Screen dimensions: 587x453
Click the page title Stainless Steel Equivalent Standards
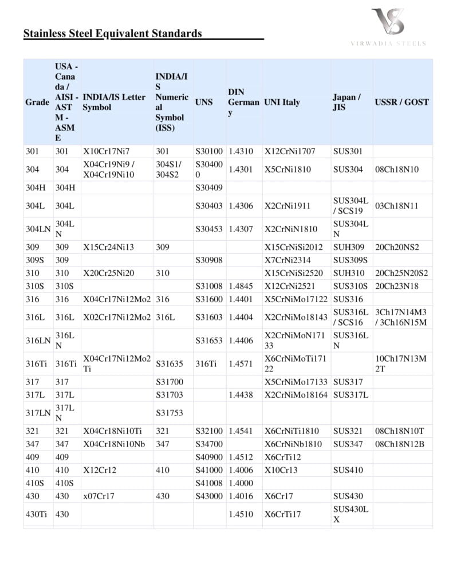click(113, 33)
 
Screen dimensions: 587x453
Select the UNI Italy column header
click(282, 103)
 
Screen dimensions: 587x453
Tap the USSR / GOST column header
click(401, 103)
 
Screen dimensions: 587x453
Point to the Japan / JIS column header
click(346, 103)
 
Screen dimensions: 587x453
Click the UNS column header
click(204, 103)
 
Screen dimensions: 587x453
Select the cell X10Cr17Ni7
click(107, 152)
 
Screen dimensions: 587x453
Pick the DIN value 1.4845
click(241, 286)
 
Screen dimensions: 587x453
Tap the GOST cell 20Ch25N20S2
click(401, 273)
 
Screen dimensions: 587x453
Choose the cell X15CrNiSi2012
click(294, 248)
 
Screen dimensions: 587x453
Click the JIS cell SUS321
click(348, 431)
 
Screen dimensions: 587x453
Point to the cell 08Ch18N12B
click(399, 444)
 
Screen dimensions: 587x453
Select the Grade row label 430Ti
click(36, 515)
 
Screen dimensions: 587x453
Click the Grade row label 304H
click(37, 187)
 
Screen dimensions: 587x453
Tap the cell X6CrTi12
click(283, 457)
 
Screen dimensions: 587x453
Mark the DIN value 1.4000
click(241, 483)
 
